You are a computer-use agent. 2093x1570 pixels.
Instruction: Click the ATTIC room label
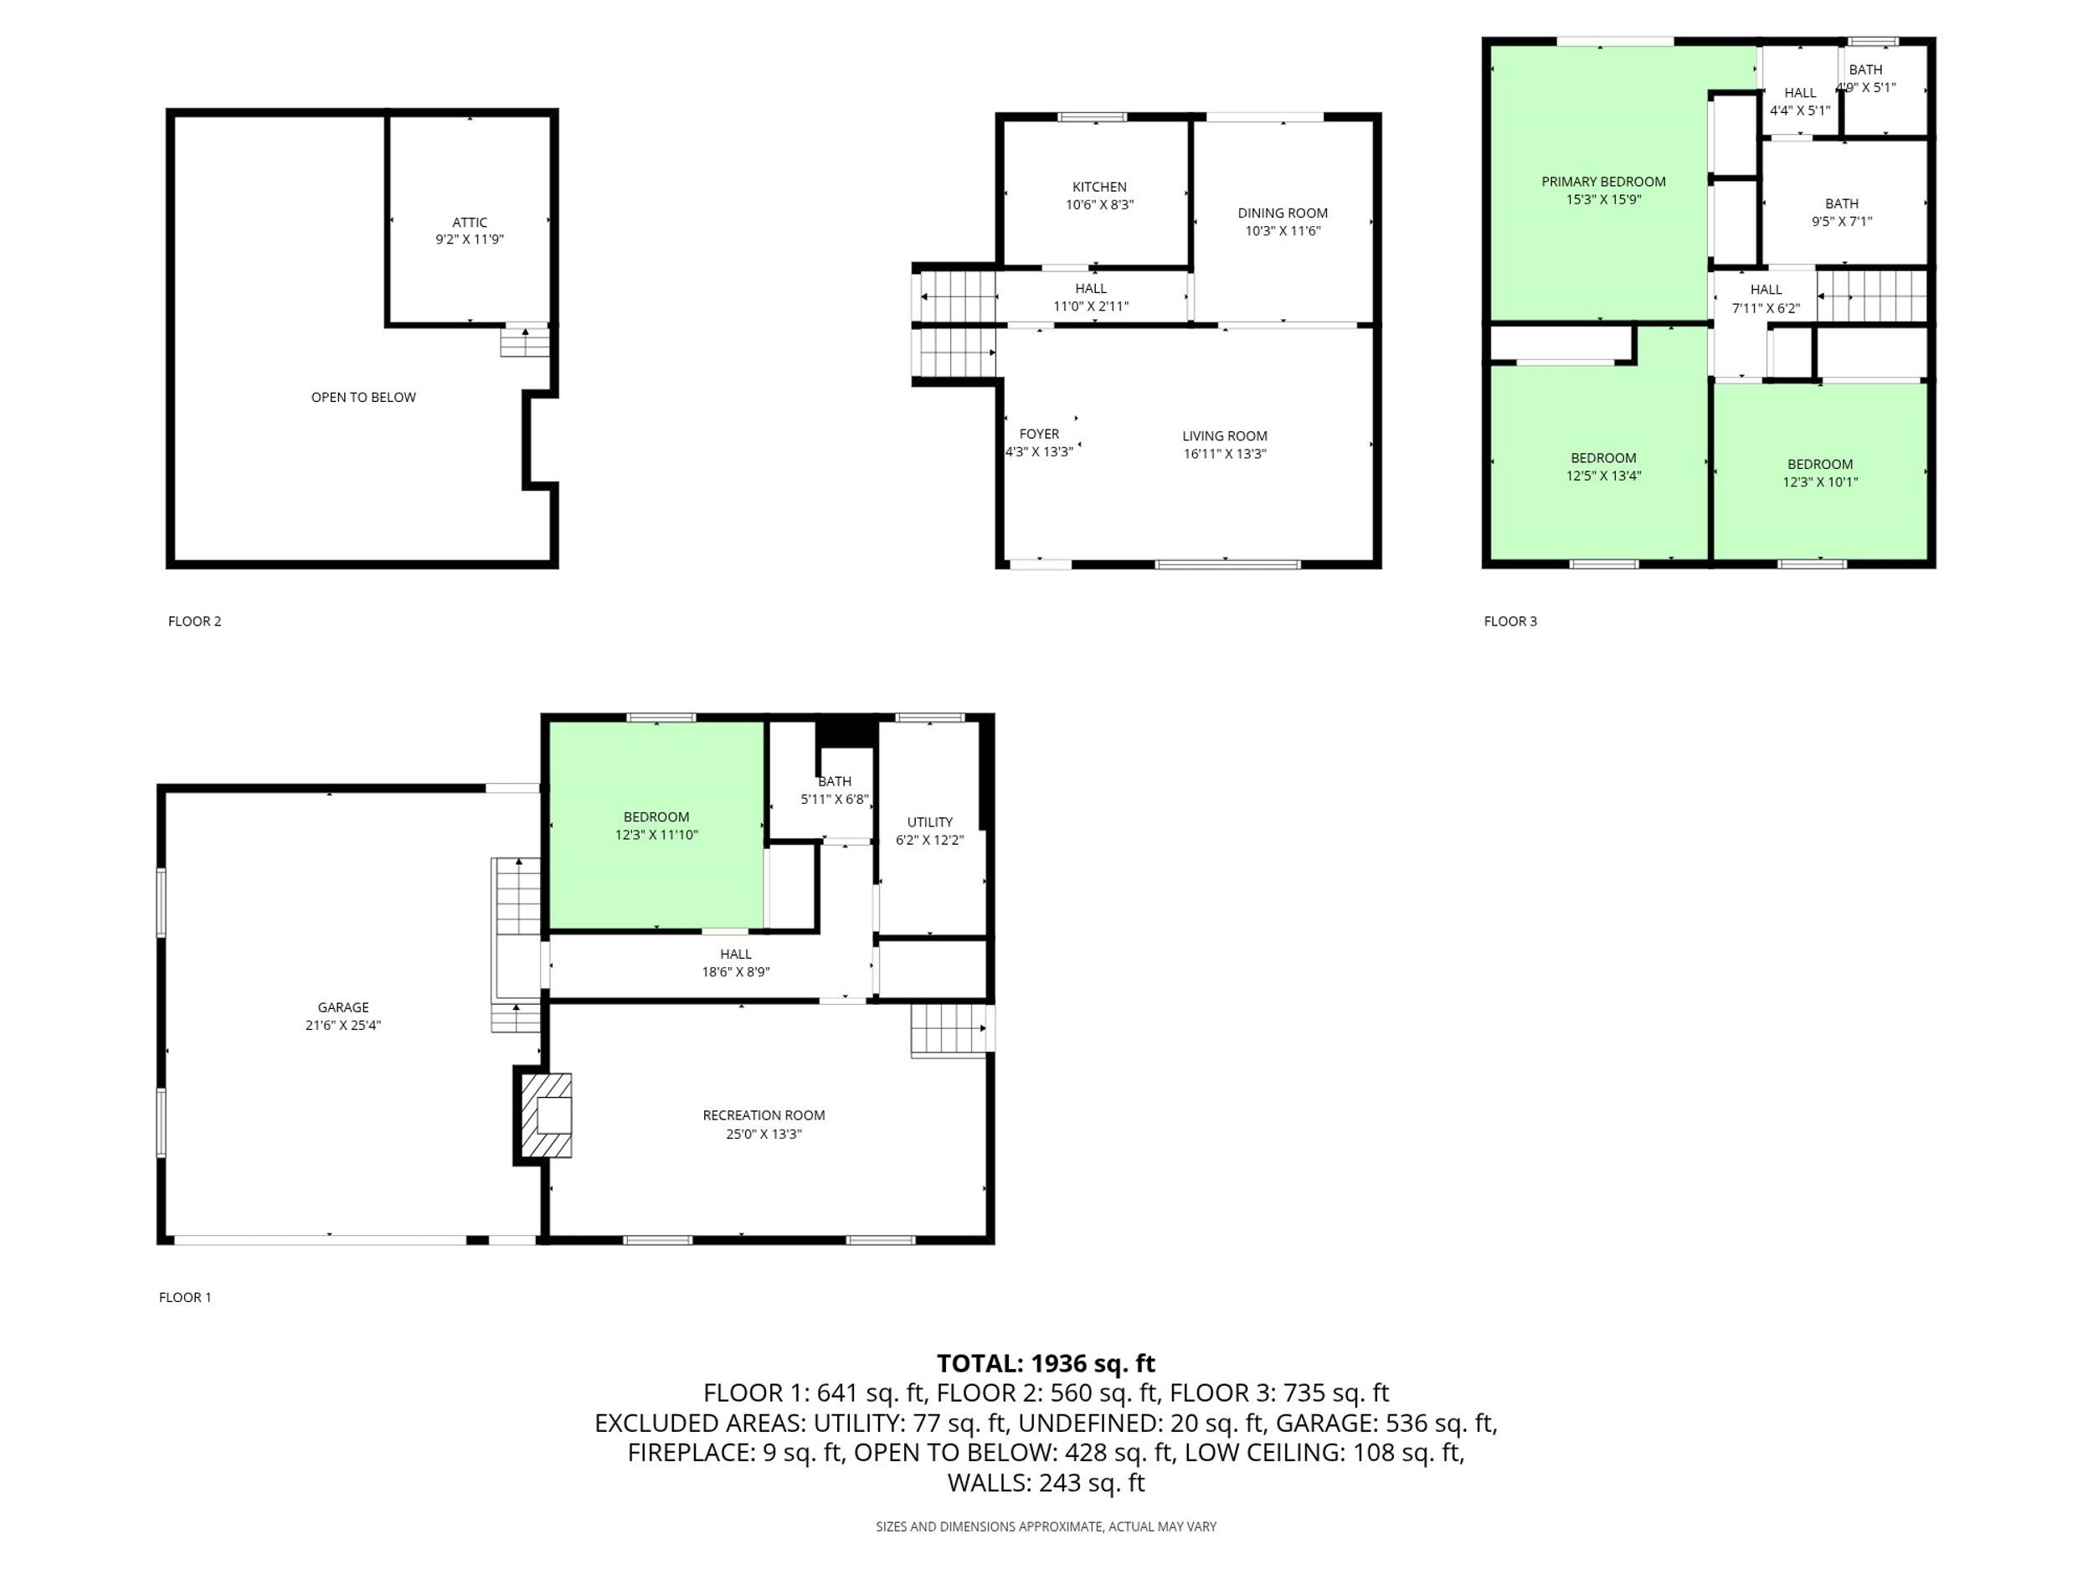click(470, 223)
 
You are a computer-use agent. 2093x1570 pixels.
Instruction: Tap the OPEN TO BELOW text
click(363, 398)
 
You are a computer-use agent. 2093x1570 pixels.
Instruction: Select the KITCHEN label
click(1099, 188)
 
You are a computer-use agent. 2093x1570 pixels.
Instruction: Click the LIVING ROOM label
click(1224, 436)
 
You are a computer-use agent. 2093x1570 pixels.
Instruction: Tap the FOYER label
click(1039, 435)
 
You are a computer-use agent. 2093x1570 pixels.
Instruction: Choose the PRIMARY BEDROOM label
click(1603, 182)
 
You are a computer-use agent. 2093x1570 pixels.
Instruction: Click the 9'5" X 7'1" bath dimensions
click(1841, 221)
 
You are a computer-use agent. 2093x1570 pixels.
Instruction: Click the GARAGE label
click(343, 1008)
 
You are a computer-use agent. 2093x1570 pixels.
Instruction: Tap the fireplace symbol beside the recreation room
click(546, 1114)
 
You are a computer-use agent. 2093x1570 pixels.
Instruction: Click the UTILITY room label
click(930, 822)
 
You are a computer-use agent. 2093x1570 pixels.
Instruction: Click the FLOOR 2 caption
click(195, 620)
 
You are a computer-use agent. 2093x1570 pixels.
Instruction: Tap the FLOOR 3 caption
click(1510, 620)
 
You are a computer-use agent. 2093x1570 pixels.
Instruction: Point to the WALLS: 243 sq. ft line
click(1046, 1483)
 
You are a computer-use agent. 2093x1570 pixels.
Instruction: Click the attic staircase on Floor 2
click(525, 341)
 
